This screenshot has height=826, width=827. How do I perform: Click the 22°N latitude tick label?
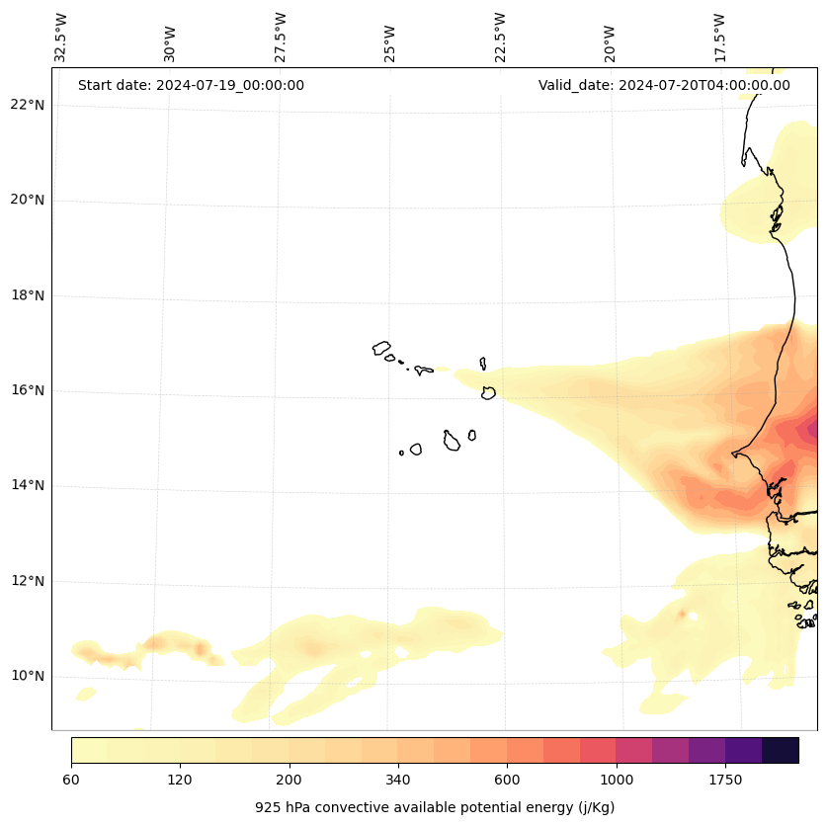28,105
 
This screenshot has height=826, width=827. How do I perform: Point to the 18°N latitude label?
28,295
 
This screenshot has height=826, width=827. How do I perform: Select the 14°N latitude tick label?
28,485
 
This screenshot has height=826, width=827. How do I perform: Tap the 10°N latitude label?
28,677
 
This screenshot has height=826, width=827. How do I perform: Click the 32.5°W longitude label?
61,38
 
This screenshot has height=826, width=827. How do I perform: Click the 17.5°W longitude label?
719,38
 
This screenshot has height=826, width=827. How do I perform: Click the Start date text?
191,85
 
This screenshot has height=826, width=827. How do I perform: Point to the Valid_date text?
664,85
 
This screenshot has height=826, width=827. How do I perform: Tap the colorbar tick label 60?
71,781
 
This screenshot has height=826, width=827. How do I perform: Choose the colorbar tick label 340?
398,781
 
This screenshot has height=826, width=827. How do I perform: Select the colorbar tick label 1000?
616,781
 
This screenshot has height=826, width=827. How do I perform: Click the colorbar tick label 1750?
725,781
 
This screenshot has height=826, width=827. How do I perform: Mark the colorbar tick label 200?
289,781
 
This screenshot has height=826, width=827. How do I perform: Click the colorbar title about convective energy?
435,807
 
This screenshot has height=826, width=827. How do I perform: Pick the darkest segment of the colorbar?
781,750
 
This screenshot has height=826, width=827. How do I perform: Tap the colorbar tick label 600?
507,781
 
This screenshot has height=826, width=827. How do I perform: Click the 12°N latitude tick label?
28,581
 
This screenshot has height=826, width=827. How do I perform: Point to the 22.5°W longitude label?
500,38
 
